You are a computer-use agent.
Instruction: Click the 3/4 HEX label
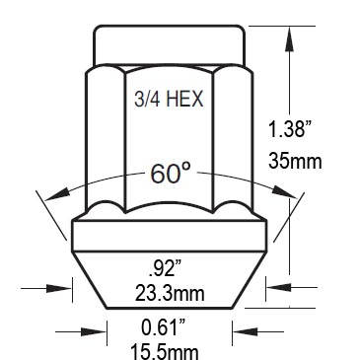coord(169,99)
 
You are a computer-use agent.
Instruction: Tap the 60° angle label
coord(171,174)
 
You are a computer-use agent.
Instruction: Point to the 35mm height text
coord(295,161)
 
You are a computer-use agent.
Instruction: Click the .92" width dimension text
coord(165,270)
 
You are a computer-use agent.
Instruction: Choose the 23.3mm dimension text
coord(170,293)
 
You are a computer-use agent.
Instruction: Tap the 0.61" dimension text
coord(164,327)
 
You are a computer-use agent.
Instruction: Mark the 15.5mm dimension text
coord(165,351)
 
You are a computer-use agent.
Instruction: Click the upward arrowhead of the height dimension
coord(289,37)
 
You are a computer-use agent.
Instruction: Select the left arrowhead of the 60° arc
coord(56,195)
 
